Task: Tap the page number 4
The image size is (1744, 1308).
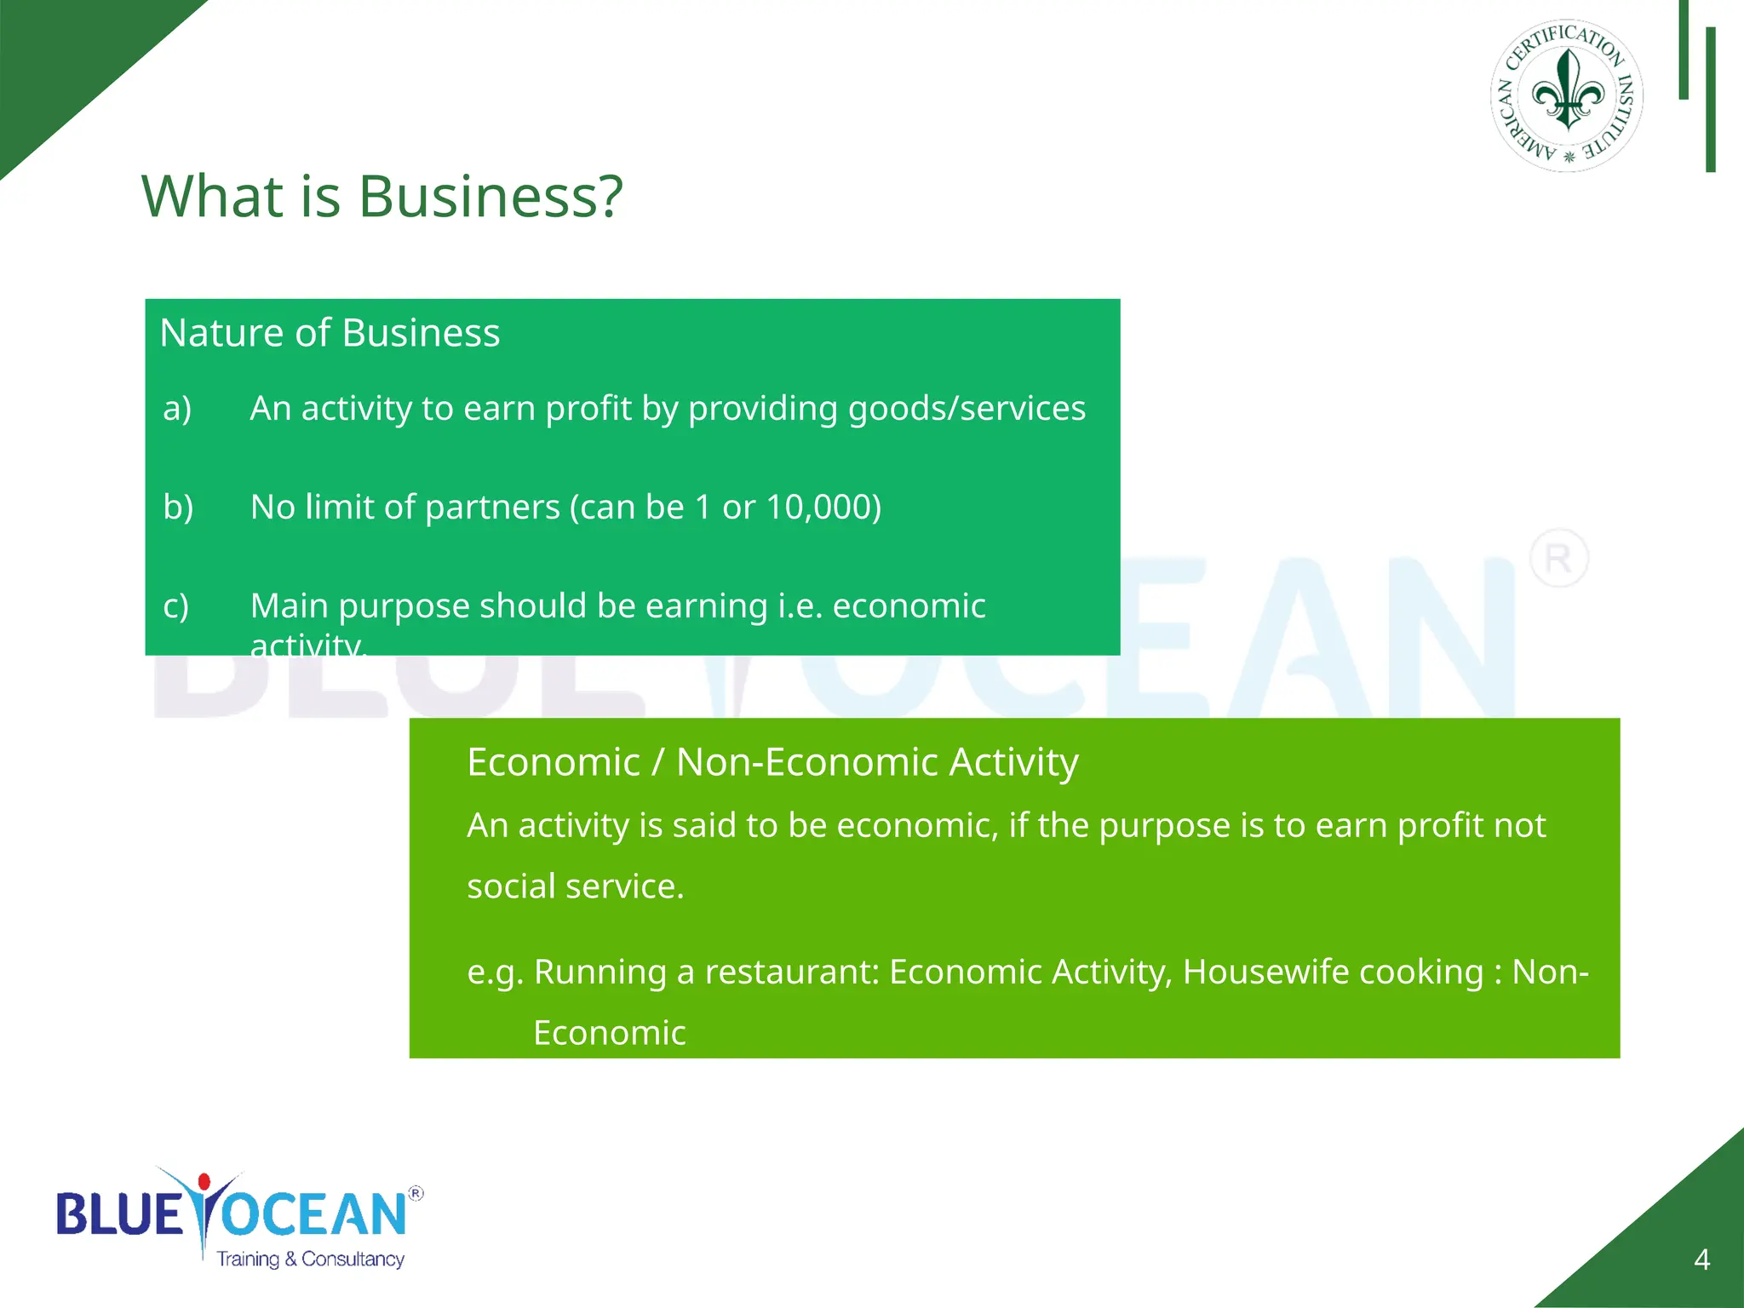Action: coord(1701,1259)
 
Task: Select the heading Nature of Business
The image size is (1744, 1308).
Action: coord(330,333)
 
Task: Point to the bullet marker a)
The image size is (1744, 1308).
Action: coord(177,409)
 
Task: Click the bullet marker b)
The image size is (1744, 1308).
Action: coord(178,508)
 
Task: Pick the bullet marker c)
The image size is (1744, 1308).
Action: coord(176,606)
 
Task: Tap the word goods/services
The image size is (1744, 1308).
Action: coord(967,409)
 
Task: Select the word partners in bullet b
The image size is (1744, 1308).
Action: coord(492,508)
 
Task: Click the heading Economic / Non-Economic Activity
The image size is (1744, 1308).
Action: coord(772,762)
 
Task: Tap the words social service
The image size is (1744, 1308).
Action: coord(575,886)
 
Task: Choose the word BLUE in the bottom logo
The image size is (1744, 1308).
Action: coord(119,1215)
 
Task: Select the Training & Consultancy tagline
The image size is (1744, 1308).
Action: coord(310,1259)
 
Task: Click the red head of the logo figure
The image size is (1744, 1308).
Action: coord(204,1182)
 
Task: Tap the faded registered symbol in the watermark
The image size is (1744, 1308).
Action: coord(1558,559)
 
